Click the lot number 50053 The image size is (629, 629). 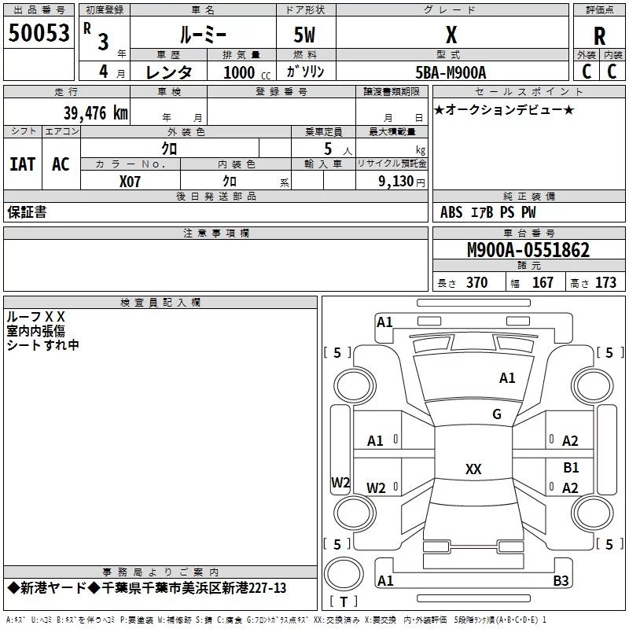point(39,33)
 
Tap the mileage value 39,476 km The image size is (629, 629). point(96,112)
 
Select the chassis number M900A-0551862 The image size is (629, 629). point(528,250)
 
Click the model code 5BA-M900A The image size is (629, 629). point(451,72)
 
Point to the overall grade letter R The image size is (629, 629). point(599,36)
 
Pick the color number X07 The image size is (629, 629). point(130,182)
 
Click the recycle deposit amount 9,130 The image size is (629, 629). point(396,182)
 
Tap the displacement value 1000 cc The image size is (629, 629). point(247,72)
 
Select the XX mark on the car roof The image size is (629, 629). point(473,469)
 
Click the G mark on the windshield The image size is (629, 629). point(497,414)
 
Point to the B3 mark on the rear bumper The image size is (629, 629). point(561,580)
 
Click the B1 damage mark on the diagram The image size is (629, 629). point(571,467)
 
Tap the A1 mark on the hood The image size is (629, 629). point(507,378)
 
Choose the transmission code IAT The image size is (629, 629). point(23,164)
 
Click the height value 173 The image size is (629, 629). point(605,282)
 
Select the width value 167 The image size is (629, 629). point(543,282)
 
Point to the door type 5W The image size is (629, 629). point(304,35)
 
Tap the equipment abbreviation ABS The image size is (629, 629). point(451,212)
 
